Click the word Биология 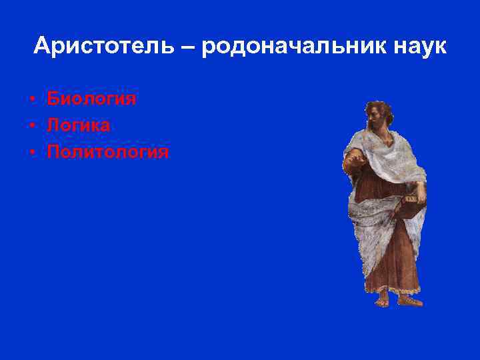coord(91,99)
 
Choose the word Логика coord(79,125)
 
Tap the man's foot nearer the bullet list coord(382,301)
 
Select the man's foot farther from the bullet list coord(409,300)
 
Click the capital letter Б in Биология coord(53,99)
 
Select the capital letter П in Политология coord(54,152)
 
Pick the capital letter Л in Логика coord(53,125)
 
